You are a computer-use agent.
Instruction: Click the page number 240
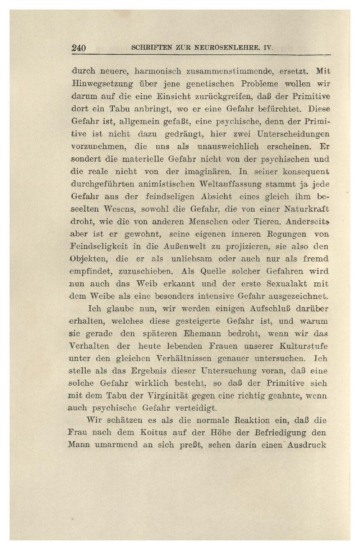(79, 48)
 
